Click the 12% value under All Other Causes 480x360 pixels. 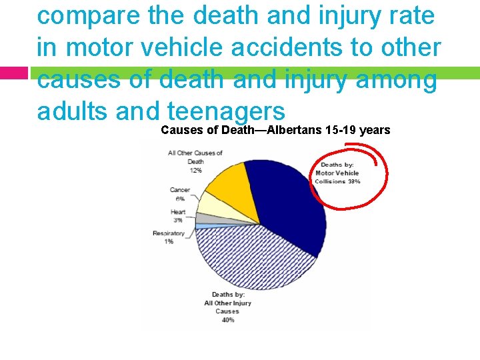pos(195,170)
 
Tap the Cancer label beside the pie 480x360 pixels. pos(180,190)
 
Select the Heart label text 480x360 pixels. pos(178,212)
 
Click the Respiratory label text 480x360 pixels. pos(169,233)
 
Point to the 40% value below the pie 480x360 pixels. pos(228,319)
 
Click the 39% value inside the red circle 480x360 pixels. pos(354,181)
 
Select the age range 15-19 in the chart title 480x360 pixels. pos(340,130)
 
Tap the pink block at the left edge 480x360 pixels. pos(13,73)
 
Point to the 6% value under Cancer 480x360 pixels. pos(180,199)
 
